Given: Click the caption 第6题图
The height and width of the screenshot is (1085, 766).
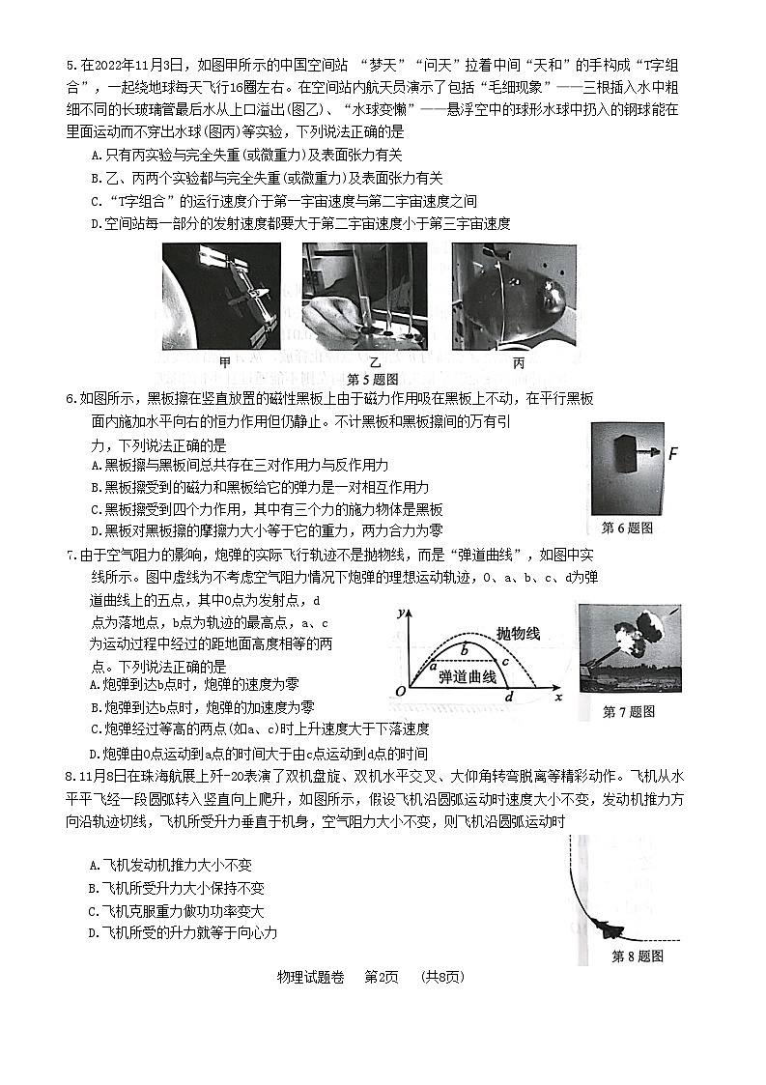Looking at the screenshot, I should (x=627, y=528).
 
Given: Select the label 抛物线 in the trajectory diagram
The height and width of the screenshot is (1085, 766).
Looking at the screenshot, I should (x=518, y=632).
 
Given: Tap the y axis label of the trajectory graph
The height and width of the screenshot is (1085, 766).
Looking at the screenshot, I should (x=412, y=613).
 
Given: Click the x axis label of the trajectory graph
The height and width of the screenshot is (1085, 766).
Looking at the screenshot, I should (x=558, y=698).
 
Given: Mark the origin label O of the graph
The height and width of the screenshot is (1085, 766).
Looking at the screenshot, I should (x=400, y=693).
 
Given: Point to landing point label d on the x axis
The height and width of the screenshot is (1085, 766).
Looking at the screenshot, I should (x=509, y=697).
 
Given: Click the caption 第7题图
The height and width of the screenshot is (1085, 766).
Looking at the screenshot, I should (x=628, y=712).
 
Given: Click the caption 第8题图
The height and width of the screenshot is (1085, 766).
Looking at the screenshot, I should (x=638, y=957).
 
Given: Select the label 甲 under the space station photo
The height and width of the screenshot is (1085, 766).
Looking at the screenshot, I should (x=225, y=362).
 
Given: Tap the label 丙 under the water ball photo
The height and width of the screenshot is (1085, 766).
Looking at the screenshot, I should (x=519, y=362).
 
